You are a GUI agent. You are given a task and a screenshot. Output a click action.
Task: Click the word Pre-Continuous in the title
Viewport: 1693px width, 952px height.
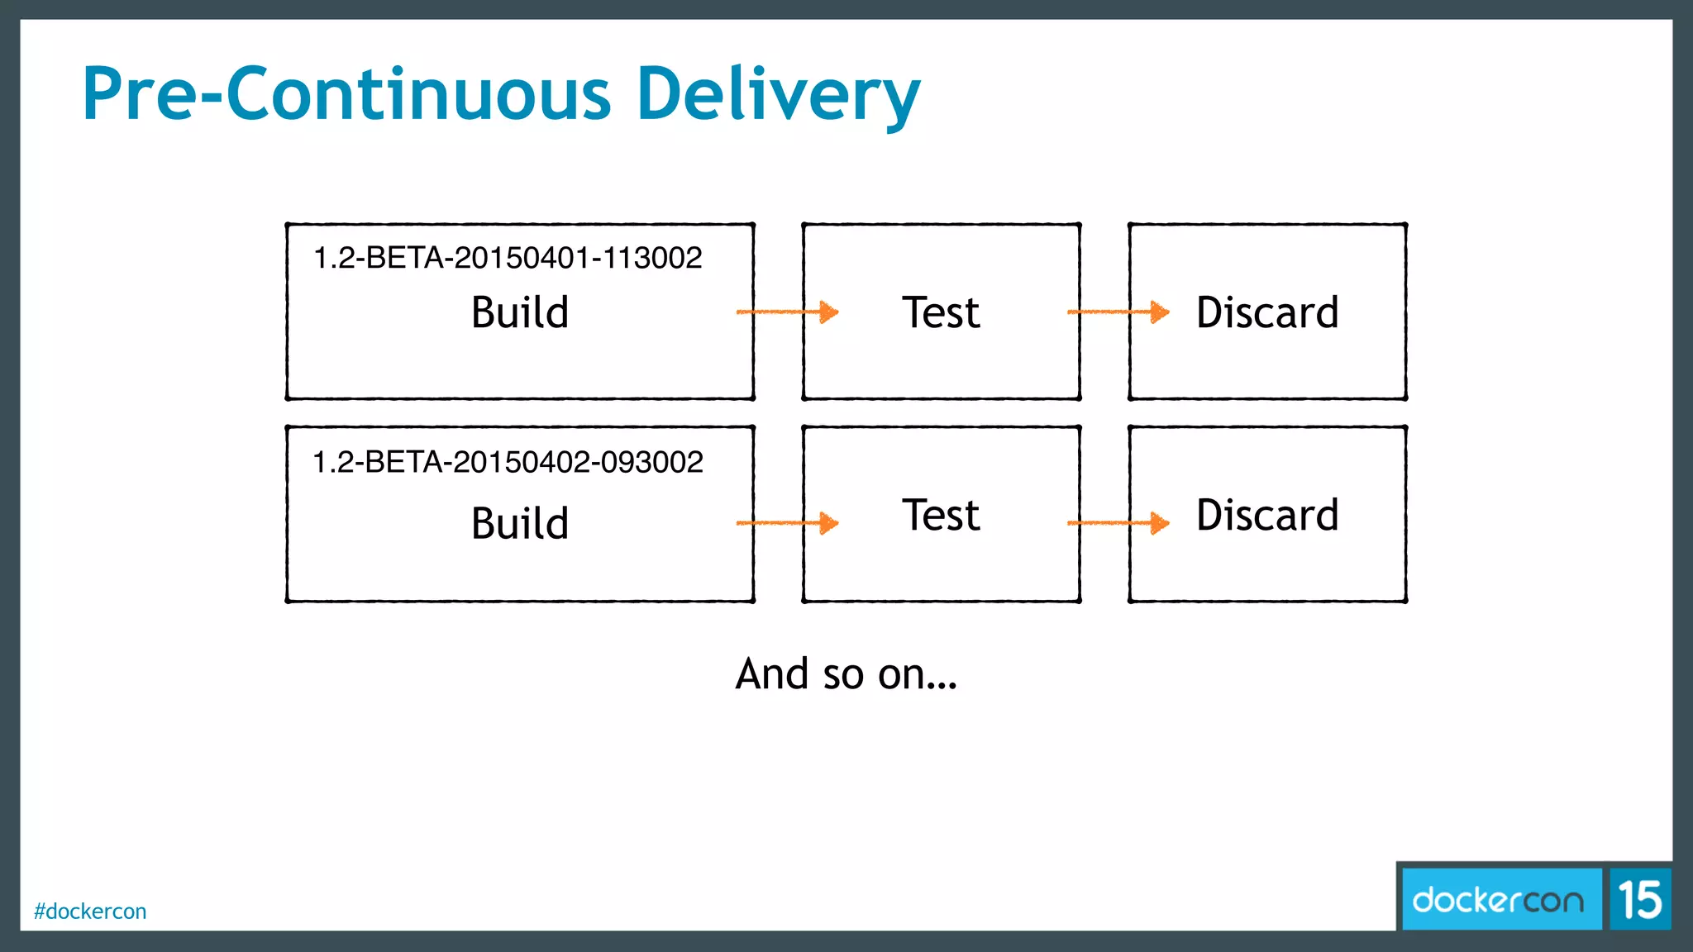point(347,94)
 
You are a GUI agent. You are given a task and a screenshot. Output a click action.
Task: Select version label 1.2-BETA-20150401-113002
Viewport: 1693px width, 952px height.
point(508,258)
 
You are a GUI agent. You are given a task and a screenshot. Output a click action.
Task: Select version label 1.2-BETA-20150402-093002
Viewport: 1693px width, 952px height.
point(508,462)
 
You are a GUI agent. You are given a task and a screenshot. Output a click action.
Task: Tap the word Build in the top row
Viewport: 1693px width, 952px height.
point(520,312)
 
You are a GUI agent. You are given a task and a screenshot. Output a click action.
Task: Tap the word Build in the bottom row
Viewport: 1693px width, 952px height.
point(520,523)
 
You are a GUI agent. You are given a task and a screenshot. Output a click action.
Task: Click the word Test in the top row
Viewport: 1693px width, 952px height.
point(941,312)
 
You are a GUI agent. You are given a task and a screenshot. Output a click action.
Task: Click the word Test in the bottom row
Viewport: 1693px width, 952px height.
point(941,515)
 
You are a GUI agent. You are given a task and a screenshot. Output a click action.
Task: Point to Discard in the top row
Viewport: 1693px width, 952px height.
point(1267,312)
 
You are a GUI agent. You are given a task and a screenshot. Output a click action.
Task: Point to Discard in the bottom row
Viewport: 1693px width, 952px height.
point(1267,515)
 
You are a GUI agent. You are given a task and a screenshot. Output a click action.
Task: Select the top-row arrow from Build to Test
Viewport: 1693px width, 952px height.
point(787,312)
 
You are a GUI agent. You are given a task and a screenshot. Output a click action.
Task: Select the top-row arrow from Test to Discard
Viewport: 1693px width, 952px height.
point(1118,312)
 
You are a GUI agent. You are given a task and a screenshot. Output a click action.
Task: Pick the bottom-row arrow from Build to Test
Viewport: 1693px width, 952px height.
point(787,522)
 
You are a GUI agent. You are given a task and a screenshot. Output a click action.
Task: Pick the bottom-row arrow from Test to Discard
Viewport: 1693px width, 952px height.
point(1118,522)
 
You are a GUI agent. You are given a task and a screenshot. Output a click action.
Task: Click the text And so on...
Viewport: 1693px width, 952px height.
point(846,674)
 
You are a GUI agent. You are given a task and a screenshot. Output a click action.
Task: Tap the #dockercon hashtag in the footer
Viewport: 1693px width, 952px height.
point(90,912)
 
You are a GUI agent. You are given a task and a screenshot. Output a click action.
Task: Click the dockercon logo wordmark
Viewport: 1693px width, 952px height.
point(1498,900)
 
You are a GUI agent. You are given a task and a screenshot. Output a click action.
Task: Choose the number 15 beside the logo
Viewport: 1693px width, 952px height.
point(1640,900)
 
